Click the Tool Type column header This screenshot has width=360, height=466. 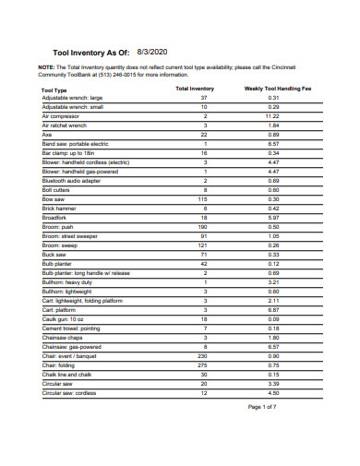[x=54, y=90]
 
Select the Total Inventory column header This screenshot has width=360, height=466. [x=195, y=90]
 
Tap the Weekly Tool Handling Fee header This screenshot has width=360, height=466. [x=273, y=90]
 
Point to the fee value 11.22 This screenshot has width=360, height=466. [x=273, y=116]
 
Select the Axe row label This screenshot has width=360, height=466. [x=47, y=134]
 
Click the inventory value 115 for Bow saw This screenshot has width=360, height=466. [x=204, y=199]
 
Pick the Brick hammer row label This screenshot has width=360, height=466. [x=61, y=209]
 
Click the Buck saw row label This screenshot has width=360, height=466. [x=54, y=255]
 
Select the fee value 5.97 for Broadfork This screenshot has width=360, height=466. [x=273, y=218]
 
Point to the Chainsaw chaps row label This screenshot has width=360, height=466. [x=63, y=338]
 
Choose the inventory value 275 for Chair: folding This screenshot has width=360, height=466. [x=204, y=365]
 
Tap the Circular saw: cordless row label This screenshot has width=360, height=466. [x=69, y=393]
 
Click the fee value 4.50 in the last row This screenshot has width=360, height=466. [x=273, y=393]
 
